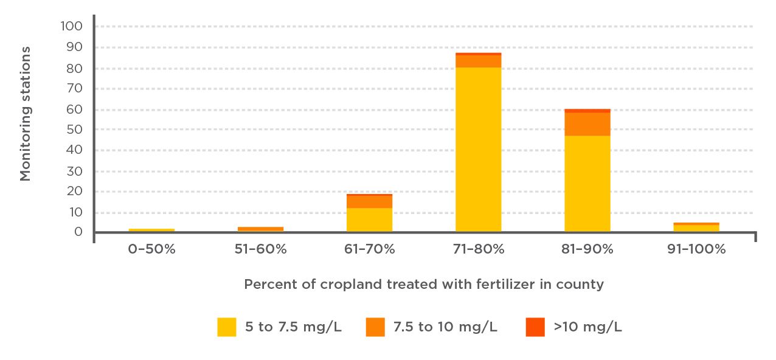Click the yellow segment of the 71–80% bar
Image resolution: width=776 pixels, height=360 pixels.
(478, 149)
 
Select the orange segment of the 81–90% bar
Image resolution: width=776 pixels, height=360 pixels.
(587, 124)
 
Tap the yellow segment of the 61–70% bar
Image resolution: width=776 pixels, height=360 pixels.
(369, 220)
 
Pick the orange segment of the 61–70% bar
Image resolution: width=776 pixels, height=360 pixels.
(369, 202)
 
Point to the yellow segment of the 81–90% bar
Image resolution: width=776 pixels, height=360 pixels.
(587, 183)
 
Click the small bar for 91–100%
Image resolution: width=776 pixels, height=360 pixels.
(696, 227)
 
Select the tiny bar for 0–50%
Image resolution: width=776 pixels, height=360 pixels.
(151, 230)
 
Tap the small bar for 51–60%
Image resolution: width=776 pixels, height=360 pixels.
(260, 229)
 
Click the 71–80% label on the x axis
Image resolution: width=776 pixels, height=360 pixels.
(478, 249)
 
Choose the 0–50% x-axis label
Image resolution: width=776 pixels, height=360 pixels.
(151, 249)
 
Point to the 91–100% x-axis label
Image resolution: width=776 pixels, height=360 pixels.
(696, 249)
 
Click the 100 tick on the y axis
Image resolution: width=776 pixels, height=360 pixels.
(72, 26)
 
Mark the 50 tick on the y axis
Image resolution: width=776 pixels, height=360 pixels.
(74, 130)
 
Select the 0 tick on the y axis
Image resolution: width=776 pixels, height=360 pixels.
(78, 232)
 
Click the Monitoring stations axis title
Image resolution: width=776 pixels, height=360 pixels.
(26, 114)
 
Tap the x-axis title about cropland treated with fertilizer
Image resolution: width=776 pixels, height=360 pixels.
(423, 285)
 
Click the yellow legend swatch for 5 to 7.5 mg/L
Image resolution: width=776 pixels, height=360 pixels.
(226, 327)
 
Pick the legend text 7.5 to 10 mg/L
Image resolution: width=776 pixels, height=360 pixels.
(445, 327)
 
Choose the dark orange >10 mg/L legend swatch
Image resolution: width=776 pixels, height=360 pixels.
(535, 327)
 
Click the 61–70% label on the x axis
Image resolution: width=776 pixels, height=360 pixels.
(369, 249)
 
